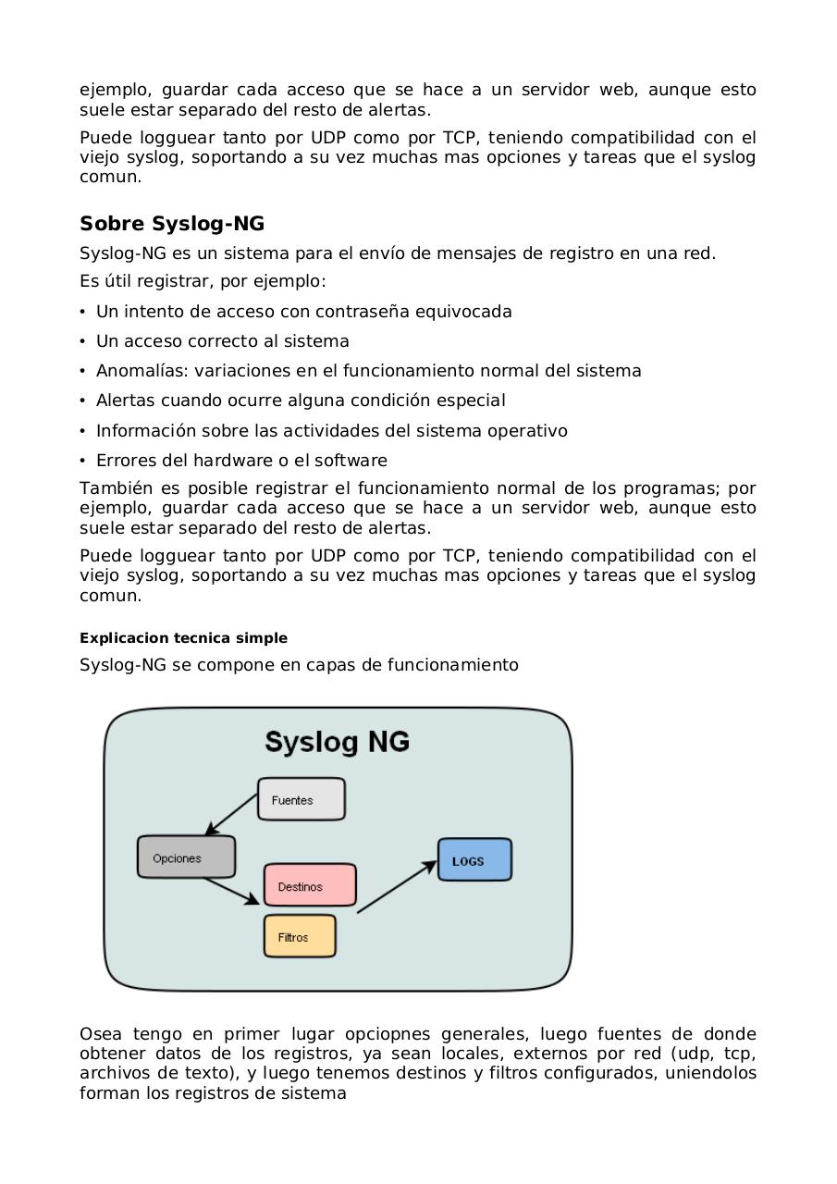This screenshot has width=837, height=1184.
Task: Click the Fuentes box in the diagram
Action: tap(301, 799)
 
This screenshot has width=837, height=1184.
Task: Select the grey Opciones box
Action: tap(186, 857)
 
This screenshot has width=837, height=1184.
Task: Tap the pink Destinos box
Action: tap(310, 885)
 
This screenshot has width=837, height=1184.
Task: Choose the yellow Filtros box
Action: tap(300, 936)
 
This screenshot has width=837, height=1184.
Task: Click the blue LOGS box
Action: tap(474, 860)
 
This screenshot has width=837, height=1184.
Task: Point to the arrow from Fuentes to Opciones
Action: tap(230, 815)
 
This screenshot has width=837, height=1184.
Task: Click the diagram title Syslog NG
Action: tap(337, 742)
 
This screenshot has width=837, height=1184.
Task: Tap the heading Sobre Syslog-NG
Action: tap(172, 224)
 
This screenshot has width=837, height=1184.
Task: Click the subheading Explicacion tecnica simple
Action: tap(183, 638)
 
